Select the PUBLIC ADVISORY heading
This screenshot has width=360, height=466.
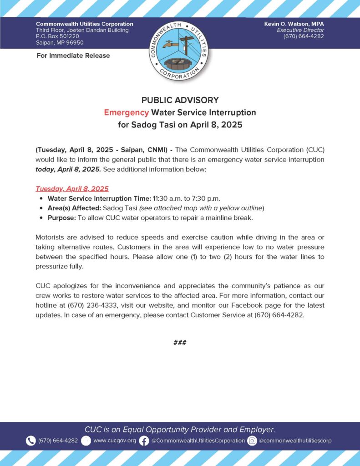[180, 100]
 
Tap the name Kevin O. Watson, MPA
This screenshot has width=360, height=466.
[294, 24]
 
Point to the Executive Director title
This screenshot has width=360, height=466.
[303, 30]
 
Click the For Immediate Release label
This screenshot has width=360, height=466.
[73, 56]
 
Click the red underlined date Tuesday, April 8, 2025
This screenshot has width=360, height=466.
[72, 188]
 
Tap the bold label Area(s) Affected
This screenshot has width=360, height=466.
[74, 208]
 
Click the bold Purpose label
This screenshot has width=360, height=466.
[61, 218]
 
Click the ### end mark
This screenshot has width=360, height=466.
[180, 343]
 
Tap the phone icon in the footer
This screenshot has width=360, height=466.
[30, 441]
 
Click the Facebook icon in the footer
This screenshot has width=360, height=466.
[144, 441]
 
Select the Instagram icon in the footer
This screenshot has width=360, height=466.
[252, 441]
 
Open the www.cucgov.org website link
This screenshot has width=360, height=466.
[114, 441]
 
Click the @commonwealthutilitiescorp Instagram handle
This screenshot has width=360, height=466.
[295, 441]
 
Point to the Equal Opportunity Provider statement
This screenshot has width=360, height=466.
[180, 429]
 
